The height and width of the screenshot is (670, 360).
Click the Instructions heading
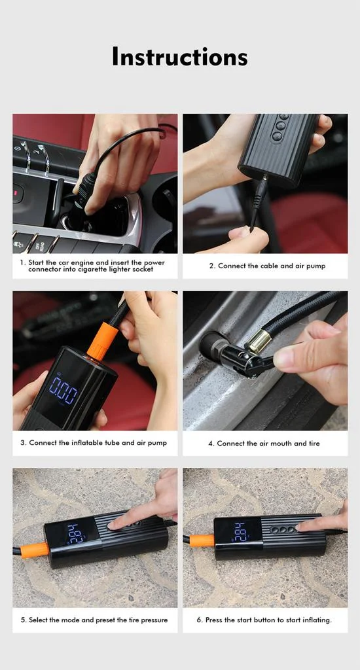(x=179, y=56)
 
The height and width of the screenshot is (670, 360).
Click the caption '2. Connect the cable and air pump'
(x=267, y=266)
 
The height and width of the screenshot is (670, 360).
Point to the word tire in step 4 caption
(x=314, y=444)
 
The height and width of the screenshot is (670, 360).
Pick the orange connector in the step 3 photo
(x=99, y=341)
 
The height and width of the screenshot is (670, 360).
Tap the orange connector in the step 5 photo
(x=34, y=550)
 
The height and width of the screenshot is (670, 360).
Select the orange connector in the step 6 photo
(x=202, y=540)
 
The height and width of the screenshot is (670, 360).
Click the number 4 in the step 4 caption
(x=210, y=444)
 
